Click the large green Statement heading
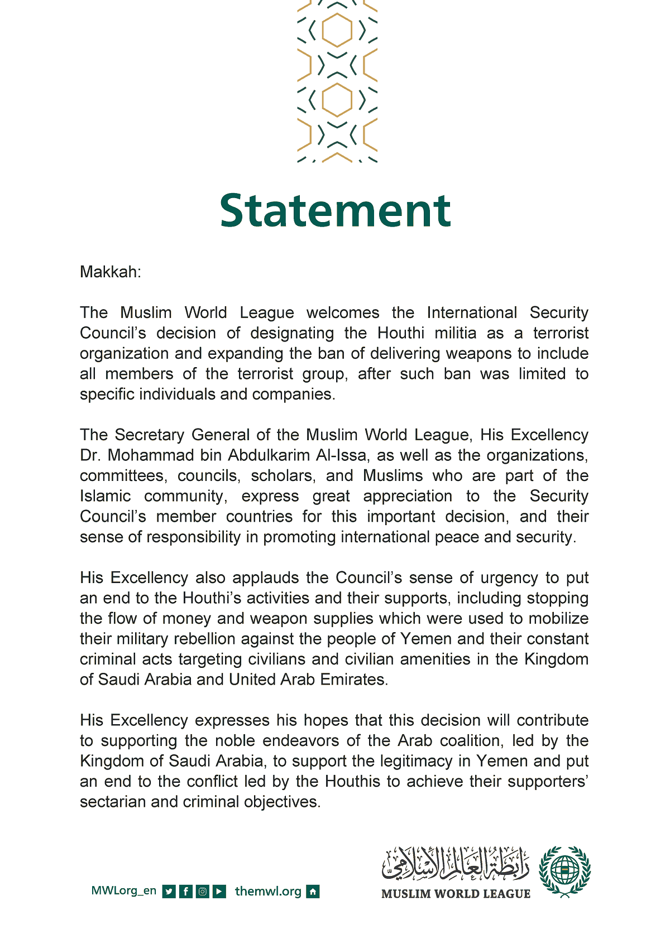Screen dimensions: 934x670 tap(335, 211)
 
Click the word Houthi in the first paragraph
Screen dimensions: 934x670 tap(401, 333)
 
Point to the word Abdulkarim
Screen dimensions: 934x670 tap(269, 455)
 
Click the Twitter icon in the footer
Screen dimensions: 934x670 tap(169, 892)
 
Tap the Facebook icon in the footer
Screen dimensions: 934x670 tap(186, 892)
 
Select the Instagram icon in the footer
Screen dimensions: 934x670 tap(203, 892)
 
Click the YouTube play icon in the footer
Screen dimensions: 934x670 tap(220, 892)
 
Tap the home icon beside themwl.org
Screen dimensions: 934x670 tap(313, 892)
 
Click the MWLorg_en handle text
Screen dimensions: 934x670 tap(123, 891)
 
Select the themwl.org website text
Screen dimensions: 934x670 tap(268, 892)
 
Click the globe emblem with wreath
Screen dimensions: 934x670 tap(564, 871)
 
